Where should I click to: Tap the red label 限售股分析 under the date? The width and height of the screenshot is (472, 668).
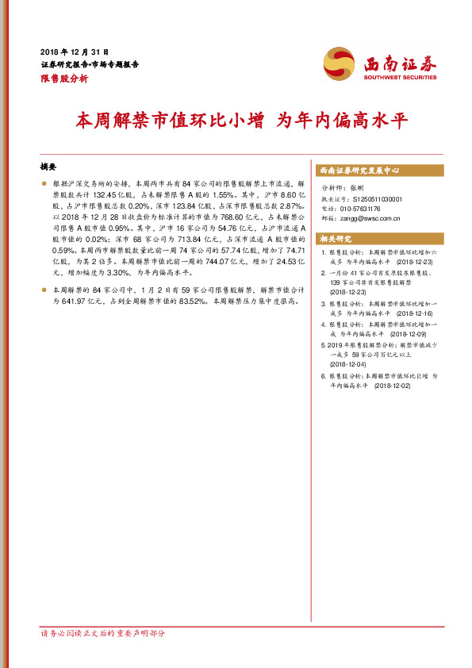(63, 79)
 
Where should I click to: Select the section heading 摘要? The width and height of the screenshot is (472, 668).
(49, 168)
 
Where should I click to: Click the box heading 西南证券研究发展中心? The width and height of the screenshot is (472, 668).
(359, 171)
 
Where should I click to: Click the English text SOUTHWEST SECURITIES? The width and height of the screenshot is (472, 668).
(400, 78)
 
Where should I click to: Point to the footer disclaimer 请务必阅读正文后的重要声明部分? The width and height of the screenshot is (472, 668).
(103, 634)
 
